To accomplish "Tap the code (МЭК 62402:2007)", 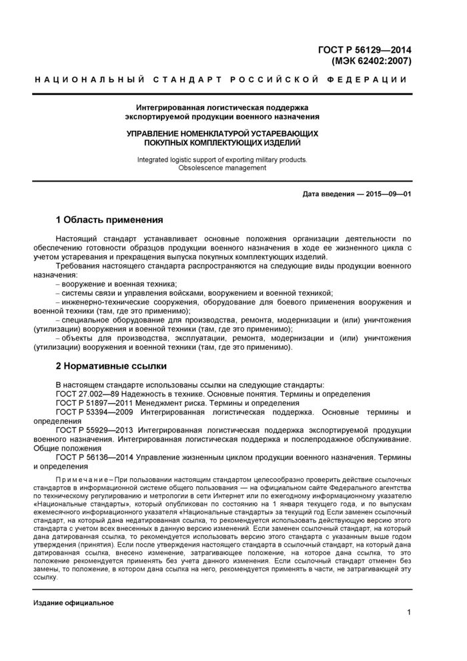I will click(x=372, y=62).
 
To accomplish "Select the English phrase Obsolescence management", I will click(x=222, y=168).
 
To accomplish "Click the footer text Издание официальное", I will click(x=73, y=603).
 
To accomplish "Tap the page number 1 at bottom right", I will click(x=408, y=613).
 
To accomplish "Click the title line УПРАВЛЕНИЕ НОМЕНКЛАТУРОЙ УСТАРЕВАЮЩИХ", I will click(x=222, y=134).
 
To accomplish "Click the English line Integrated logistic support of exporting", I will click(x=222, y=160).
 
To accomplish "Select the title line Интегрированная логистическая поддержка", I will click(x=222, y=107).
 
